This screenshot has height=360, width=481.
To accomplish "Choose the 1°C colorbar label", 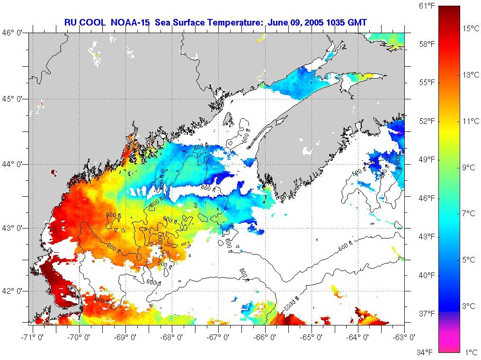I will point(470,352).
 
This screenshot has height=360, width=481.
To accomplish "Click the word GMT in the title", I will point(357,22).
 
